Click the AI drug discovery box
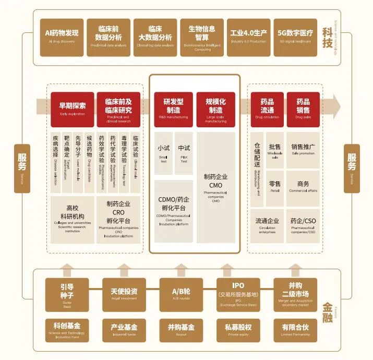click(x=62, y=37)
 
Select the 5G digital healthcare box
click(x=295, y=37)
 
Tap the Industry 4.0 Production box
click(x=248, y=37)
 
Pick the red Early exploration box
click(x=72, y=109)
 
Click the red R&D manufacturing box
click(x=173, y=109)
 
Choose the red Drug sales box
click(x=303, y=109)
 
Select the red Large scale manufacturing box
click(x=215, y=109)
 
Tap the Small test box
click(x=164, y=153)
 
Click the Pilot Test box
click(x=184, y=153)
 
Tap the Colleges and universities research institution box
click(x=72, y=220)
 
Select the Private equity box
click(x=238, y=329)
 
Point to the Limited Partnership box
click(x=295, y=329)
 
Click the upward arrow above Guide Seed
click(x=67, y=270)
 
